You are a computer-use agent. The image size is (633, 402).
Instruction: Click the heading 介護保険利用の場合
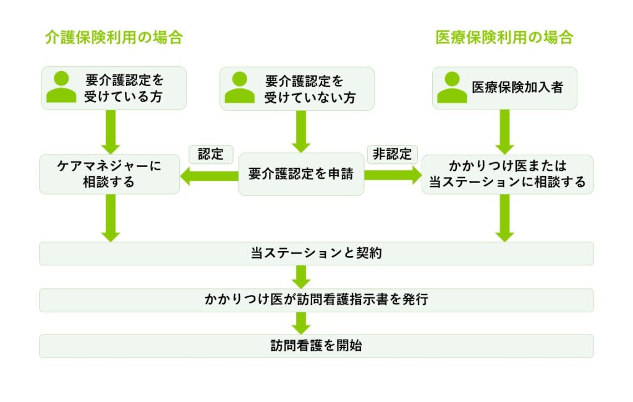coord(114,38)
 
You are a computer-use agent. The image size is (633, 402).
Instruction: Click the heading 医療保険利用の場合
coord(504,38)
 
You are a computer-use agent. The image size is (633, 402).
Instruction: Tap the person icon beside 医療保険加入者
coord(452,87)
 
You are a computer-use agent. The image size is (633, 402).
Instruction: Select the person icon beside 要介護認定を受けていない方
coord(239,87)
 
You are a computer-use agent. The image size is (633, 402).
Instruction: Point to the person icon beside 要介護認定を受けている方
coord(61,87)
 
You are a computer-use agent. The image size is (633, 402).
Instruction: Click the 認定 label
coord(210,154)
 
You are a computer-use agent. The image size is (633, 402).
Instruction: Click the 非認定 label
coord(393,154)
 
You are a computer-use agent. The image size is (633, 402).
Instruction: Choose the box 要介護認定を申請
coord(301,174)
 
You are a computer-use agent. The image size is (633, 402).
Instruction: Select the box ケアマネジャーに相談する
coord(109,174)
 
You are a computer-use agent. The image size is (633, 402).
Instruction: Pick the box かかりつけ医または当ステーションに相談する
coord(507,174)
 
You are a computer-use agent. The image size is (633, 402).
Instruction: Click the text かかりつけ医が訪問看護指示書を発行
coord(316,300)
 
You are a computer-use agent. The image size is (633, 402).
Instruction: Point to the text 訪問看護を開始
coord(316,346)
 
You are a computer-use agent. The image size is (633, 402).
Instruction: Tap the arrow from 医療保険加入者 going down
coord(505,132)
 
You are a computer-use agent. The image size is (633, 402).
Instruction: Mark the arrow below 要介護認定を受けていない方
coord(301,132)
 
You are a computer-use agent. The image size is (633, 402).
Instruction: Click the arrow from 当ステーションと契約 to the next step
coord(302,276)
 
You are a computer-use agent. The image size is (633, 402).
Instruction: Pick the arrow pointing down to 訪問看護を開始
coord(302,323)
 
